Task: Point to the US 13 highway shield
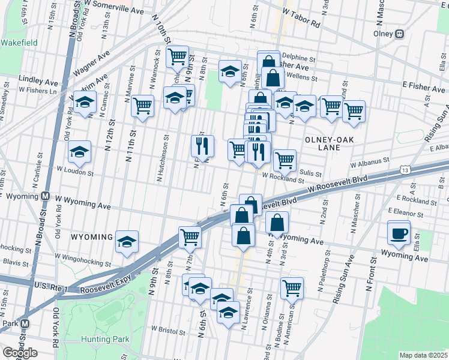pos(406,171)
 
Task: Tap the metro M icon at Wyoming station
pos(44,196)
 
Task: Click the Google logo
pos(20,352)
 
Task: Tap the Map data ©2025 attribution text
pos(423,355)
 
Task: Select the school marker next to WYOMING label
pos(127,241)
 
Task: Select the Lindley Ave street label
pos(38,80)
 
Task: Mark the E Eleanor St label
pos(409,211)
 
